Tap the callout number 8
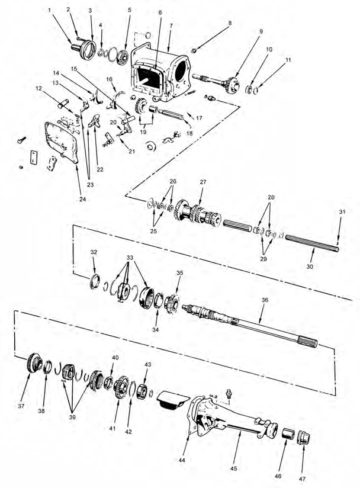(x=230, y=23)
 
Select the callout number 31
(x=342, y=213)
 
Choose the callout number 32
(x=94, y=252)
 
